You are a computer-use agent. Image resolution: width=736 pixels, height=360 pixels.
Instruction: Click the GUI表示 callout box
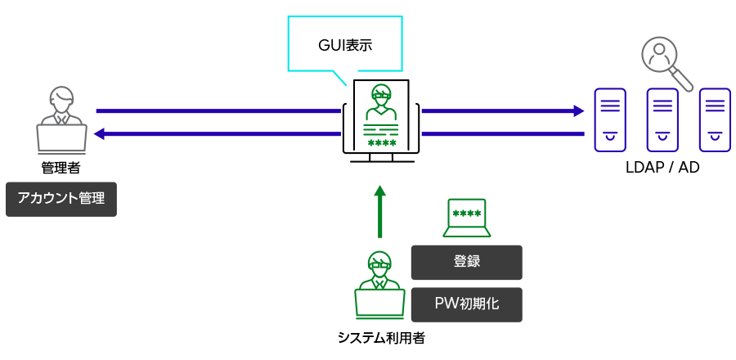345,44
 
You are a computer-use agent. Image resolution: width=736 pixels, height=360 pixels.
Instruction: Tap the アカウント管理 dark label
61,199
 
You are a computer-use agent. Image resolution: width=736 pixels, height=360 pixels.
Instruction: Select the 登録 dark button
466,262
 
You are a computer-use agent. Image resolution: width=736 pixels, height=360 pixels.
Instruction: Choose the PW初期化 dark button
466,304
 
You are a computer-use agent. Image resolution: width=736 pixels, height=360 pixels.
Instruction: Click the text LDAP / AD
662,167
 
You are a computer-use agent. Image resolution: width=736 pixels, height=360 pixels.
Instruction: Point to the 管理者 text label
61,168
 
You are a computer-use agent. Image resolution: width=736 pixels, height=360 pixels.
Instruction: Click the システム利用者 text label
381,337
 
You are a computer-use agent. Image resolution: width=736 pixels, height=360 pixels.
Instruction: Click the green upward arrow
379,211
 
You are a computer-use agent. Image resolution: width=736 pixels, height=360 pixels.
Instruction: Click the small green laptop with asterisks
467,218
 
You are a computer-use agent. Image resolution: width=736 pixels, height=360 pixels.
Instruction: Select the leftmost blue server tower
610,119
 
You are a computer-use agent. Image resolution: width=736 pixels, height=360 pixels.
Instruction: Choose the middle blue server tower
662,119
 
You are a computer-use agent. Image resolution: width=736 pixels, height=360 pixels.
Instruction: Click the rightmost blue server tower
714,119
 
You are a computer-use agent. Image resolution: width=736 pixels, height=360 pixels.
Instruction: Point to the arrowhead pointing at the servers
579,110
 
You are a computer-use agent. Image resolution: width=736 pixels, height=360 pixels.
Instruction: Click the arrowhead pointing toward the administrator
99,133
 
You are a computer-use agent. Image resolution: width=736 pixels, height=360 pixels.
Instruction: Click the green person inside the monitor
381,101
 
